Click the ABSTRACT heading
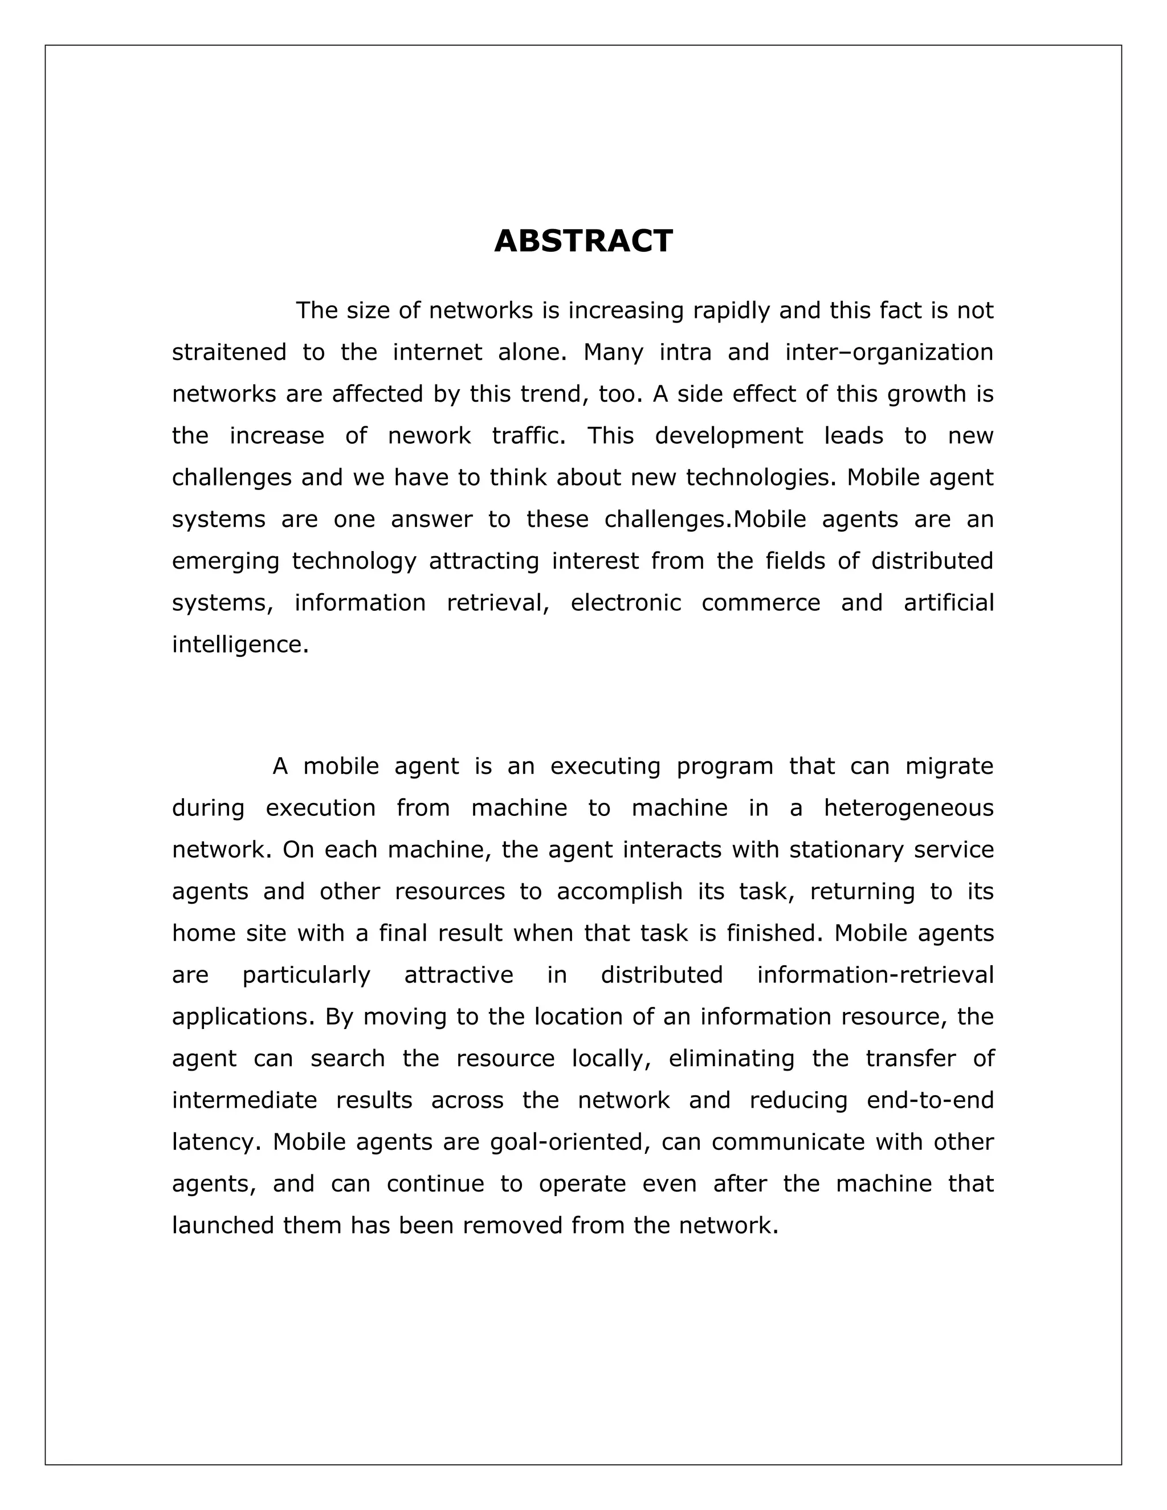coord(583,241)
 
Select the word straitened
coord(229,353)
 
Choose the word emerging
coord(226,561)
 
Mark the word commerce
coord(761,603)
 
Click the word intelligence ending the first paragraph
coord(239,645)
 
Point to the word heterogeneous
coord(908,808)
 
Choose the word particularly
coord(306,976)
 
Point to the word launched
coord(223,1226)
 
